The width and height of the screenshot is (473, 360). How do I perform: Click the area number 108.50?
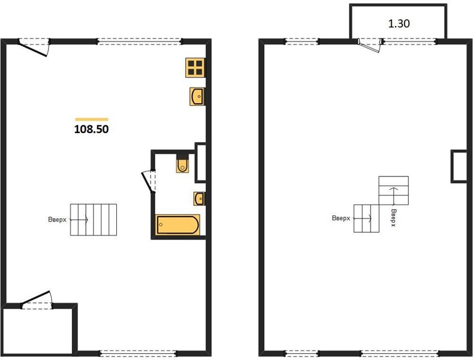pos(91,129)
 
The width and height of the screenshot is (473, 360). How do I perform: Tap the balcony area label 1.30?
pos(399,23)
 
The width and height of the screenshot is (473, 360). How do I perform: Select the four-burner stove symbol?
pos(195,67)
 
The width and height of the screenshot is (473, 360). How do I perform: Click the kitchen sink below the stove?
pos(197,97)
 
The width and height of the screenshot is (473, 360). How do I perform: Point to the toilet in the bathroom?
pos(182,164)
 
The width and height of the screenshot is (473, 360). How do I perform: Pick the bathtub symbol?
pos(177,224)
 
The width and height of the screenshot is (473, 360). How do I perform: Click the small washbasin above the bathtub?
pos(199,199)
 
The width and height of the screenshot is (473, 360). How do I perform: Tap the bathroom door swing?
pos(149,181)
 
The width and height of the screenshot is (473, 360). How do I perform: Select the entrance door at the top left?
pos(33,48)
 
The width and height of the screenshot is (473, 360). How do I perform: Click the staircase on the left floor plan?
pos(94,220)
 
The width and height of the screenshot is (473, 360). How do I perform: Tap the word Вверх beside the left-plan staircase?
pos(57,220)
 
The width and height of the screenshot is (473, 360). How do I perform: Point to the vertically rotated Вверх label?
pos(393,218)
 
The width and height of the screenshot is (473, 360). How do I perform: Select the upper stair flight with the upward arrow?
pos(394,191)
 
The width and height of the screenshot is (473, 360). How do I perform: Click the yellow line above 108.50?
pos(92,119)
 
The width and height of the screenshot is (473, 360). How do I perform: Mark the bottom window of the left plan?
pos(138,353)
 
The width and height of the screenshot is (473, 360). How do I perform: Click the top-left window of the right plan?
pos(302,41)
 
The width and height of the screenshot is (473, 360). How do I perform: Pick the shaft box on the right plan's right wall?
pos(459,166)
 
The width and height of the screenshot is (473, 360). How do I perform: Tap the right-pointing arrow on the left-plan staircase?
pos(79,220)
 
